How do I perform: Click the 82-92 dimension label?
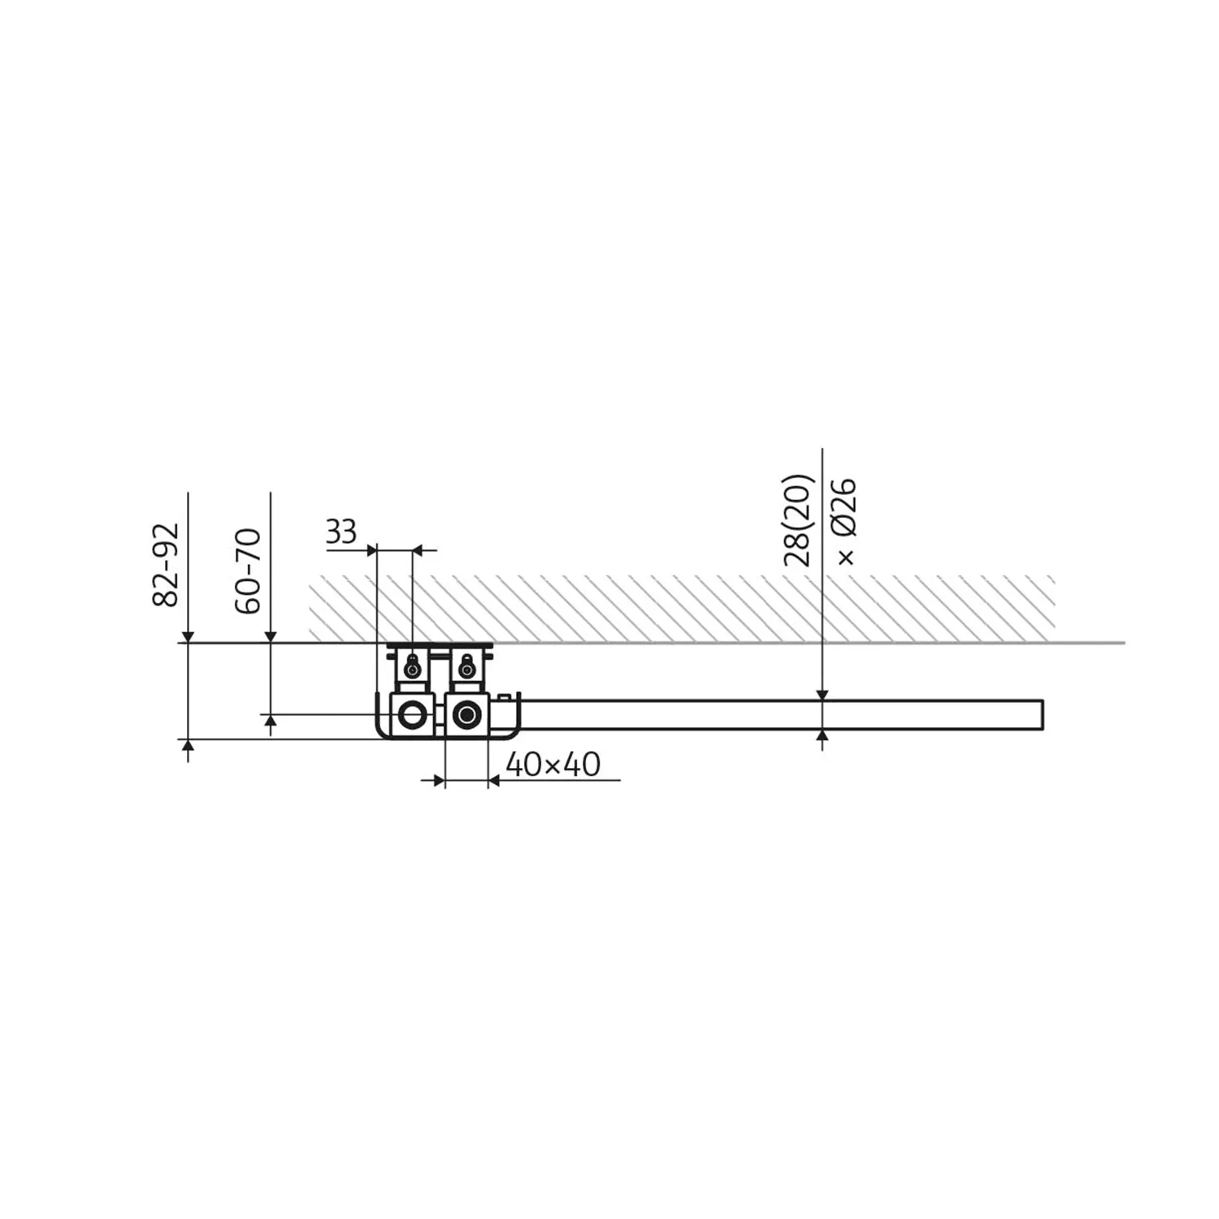[166, 566]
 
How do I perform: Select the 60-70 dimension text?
[249, 570]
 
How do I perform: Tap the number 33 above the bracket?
[341, 532]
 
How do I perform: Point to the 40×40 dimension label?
[553, 764]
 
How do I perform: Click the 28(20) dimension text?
[798, 520]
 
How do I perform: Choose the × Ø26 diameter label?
[845, 523]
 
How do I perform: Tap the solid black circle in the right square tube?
[466, 715]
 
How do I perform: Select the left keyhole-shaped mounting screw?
[414, 666]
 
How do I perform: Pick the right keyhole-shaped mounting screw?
[466, 666]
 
